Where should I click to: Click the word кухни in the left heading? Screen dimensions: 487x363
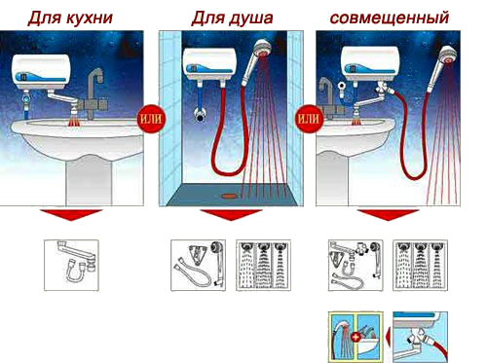91,18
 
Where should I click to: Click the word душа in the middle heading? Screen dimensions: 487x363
250,18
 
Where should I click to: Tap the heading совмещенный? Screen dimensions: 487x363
390,18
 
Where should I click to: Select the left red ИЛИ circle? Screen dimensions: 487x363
151,119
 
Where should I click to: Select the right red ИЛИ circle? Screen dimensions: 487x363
309,119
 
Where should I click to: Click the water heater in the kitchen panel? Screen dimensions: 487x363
41,72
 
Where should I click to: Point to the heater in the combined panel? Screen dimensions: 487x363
370,63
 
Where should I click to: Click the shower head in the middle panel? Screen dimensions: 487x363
256,60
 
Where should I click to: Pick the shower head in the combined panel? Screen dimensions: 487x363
442,66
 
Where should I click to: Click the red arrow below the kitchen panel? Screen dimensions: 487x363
71,215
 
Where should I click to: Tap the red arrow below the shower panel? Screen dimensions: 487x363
231,215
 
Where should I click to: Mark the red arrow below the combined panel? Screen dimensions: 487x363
389,215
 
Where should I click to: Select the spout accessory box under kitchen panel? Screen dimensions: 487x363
71,266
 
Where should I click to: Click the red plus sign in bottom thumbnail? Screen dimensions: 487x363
356,337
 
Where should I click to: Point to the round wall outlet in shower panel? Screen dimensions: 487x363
200,115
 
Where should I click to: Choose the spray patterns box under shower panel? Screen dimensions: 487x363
263,266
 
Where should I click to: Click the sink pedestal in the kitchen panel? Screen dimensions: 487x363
89,182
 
